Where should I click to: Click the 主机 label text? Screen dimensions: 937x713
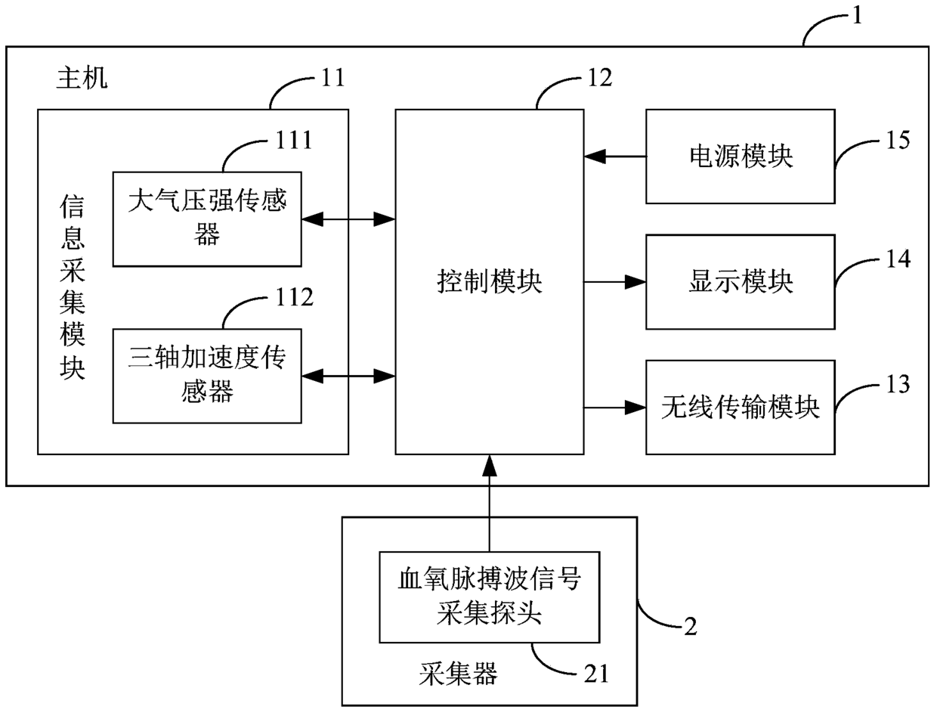(82, 78)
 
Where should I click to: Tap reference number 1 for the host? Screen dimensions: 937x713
(857, 16)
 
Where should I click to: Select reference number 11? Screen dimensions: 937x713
(332, 78)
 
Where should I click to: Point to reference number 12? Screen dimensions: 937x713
(600, 78)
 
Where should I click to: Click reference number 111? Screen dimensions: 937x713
(294, 140)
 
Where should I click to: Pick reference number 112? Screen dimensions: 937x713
(295, 297)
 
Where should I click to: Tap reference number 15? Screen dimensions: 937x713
(898, 140)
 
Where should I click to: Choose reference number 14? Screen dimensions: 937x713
(898, 259)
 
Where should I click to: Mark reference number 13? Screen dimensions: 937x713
(898, 384)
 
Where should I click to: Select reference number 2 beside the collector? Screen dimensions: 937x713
(691, 627)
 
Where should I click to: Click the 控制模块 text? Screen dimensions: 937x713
(490, 282)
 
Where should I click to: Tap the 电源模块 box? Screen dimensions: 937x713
(741, 157)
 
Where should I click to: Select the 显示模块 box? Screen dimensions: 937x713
(741, 282)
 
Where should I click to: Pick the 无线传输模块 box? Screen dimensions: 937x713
(741, 408)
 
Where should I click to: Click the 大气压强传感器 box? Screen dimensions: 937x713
(207, 219)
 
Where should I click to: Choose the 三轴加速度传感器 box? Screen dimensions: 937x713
(207, 376)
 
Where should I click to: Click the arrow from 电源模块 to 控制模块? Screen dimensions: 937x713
(615, 157)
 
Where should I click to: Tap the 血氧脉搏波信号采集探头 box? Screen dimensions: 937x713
(490, 597)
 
